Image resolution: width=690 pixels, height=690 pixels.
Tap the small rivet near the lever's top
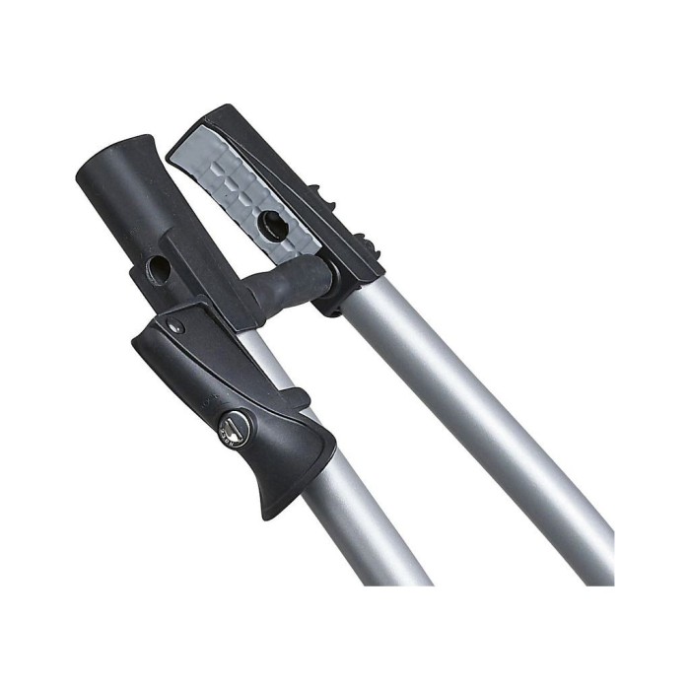click(174, 326)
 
